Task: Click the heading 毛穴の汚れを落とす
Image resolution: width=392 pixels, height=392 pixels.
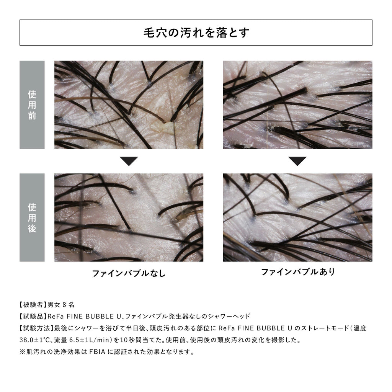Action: (196, 33)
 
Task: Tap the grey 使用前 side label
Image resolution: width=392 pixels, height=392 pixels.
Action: (32, 105)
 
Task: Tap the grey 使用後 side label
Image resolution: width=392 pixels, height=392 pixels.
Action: (32, 217)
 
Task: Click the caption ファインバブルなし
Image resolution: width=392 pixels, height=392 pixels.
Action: (129, 273)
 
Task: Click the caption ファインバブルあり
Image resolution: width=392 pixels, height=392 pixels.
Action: (298, 272)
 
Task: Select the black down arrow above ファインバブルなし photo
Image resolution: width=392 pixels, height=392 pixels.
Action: (129, 161)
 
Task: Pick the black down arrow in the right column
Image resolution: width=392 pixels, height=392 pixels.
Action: (297, 161)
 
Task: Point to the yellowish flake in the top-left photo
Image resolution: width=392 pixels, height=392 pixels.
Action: (164, 127)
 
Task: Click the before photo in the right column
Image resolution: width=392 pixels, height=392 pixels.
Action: (297, 105)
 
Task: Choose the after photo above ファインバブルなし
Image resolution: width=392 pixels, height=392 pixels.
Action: (129, 217)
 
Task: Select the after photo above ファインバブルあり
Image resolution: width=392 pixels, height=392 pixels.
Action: (297, 217)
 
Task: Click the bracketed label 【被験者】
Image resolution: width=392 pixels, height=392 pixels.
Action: (33, 304)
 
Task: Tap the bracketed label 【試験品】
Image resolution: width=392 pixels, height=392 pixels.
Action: (33, 316)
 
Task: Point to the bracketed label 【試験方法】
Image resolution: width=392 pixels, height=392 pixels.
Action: (36, 328)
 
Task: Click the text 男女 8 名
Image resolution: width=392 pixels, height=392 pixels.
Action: (61, 304)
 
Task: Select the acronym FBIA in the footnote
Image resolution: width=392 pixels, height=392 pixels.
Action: (97, 352)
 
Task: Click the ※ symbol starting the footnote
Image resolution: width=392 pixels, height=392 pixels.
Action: (23, 352)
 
